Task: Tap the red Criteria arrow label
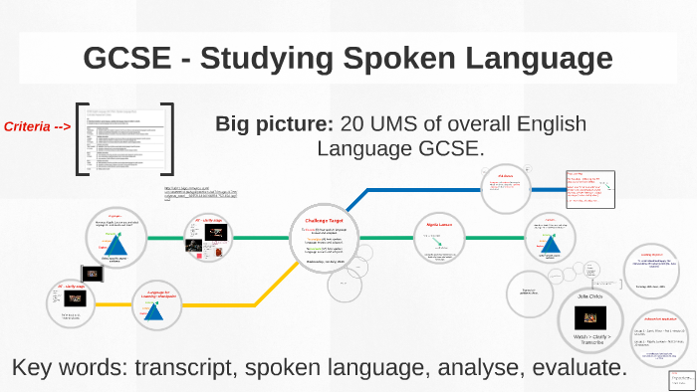point(37,126)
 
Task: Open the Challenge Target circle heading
point(324,220)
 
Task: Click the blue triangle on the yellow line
point(154,311)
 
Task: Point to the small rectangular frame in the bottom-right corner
point(682,380)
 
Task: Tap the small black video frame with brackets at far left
point(91,272)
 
